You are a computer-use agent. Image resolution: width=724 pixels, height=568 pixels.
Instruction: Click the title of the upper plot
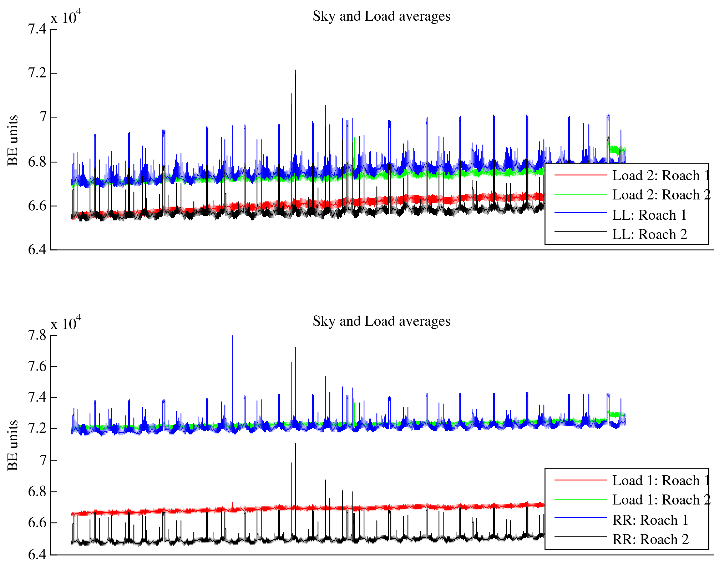tap(381, 16)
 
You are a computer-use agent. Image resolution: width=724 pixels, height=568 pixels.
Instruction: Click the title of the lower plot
tap(381, 321)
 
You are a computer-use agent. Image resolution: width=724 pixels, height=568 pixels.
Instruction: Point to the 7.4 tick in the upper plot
tap(37, 29)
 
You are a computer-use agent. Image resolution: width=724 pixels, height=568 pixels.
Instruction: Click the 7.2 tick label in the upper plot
tap(37, 73)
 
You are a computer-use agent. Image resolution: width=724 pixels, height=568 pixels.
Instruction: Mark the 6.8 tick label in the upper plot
tap(37, 162)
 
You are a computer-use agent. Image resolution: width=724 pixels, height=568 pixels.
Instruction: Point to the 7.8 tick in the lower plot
tap(37, 335)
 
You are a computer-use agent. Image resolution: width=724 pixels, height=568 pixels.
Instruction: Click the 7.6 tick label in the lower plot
tap(37, 366)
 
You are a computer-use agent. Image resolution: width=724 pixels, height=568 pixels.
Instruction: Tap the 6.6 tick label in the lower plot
tap(37, 523)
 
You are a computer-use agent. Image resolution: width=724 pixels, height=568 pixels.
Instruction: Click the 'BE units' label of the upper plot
tap(13, 140)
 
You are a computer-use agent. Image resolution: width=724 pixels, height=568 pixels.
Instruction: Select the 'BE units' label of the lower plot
tap(13, 445)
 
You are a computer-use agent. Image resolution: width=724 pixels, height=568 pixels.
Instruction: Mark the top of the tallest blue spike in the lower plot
tap(232, 336)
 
